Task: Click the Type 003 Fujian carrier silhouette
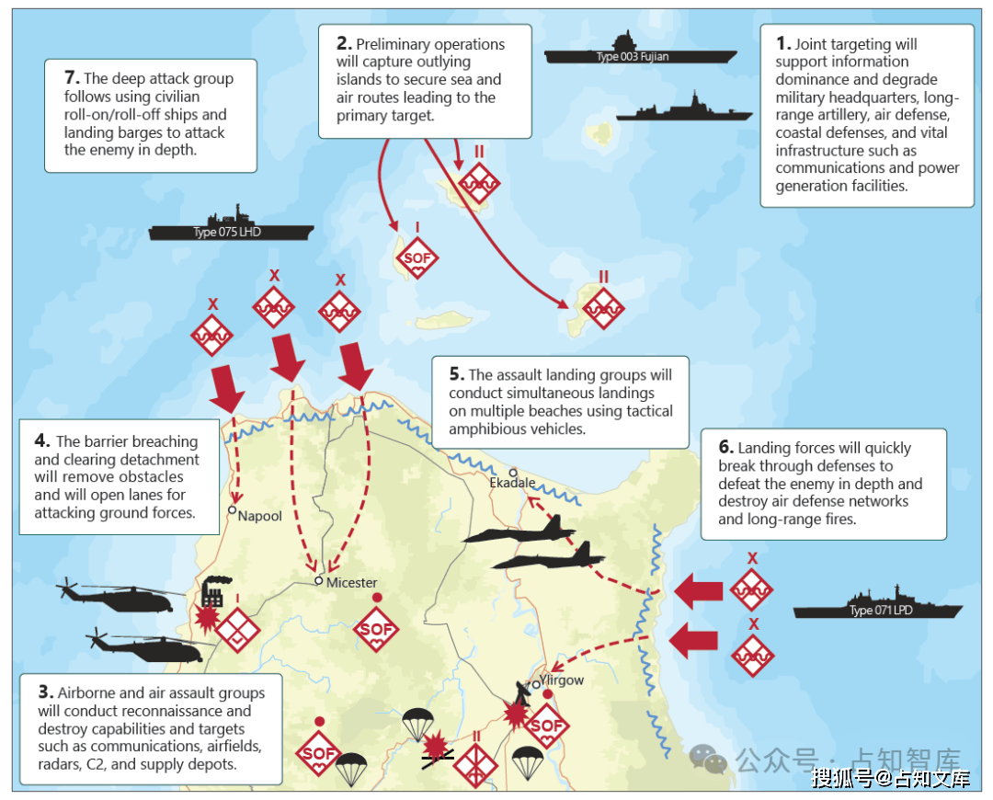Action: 640,51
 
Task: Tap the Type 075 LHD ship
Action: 231,227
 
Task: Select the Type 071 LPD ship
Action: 877,606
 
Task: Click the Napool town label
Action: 259,516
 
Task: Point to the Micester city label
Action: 351,582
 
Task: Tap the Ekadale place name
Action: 512,483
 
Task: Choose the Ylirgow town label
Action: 562,680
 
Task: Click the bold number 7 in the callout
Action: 72,77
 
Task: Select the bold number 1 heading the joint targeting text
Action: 782,43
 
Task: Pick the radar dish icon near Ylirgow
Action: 522,693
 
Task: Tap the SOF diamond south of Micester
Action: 376,629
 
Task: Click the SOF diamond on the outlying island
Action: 417,257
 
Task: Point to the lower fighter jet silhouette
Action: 548,557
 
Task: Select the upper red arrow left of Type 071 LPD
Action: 699,591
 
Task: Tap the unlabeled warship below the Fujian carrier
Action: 685,108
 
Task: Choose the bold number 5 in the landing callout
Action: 457,373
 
